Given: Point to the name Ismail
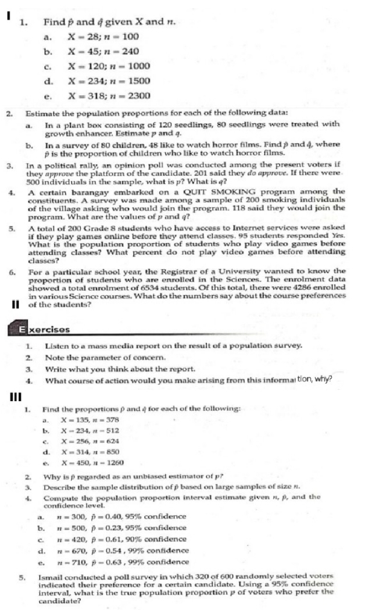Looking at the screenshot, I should tap(57, 576).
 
